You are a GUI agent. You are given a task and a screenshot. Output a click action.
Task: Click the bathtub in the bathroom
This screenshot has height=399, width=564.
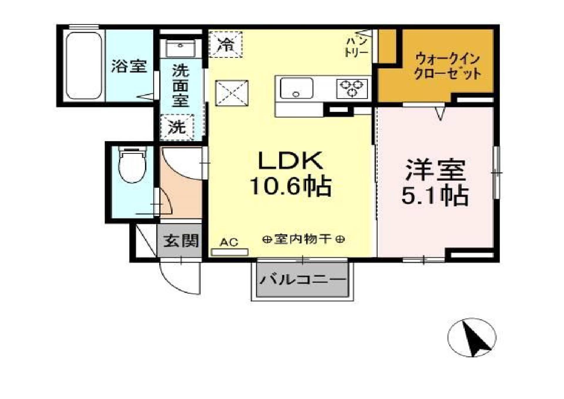(84, 65)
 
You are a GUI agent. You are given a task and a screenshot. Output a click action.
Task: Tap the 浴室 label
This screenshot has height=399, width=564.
(129, 66)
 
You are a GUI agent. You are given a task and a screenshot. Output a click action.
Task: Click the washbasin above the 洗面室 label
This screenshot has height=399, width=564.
(180, 49)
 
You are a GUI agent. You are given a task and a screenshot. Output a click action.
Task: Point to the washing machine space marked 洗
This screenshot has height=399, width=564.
(177, 127)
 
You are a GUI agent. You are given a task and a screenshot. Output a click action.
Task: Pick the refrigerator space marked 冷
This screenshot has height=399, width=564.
(226, 45)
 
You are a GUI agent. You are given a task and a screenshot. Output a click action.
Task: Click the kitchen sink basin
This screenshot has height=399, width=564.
(296, 88)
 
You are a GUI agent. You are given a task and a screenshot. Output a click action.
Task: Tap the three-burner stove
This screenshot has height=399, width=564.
(352, 88)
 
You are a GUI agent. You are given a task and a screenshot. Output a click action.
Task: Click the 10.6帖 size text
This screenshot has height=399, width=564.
(290, 186)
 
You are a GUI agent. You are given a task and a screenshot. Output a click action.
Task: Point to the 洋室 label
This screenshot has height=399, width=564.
(435, 170)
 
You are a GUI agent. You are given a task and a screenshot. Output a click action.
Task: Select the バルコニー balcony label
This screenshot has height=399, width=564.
(303, 279)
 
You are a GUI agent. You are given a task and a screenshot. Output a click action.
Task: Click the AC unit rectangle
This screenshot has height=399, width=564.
(230, 252)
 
